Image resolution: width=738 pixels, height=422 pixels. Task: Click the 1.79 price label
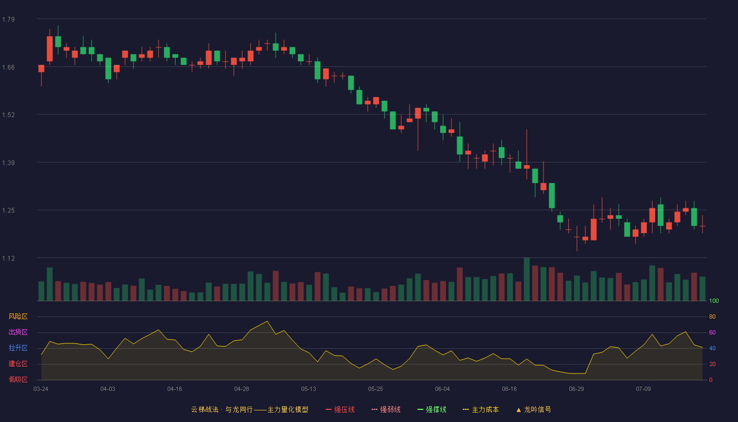click(x=8, y=20)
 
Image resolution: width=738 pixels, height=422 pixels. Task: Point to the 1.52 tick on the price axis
click(x=8, y=115)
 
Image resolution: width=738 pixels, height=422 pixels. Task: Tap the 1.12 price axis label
click(x=8, y=258)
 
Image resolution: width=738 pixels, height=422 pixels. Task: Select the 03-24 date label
click(x=41, y=389)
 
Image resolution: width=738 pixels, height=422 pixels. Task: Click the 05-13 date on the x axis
click(x=308, y=389)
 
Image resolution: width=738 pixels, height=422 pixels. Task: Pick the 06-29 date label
click(x=576, y=389)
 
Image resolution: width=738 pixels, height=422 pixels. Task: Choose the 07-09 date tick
click(x=643, y=389)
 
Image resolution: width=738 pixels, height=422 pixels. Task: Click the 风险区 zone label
click(x=18, y=316)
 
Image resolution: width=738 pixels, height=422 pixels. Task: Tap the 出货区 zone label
click(x=18, y=332)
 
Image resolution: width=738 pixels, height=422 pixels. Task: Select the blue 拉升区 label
click(x=18, y=348)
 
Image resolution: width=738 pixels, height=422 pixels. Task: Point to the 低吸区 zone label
click(x=18, y=379)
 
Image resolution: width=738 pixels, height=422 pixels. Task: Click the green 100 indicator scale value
click(x=714, y=301)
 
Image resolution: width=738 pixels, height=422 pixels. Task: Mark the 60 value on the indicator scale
click(x=712, y=332)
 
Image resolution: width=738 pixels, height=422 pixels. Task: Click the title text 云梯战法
click(x=205, y=409)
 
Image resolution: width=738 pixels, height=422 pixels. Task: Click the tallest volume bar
click(x=527, y=279)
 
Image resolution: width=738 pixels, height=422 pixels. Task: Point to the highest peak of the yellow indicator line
click(x=267, y=321)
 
